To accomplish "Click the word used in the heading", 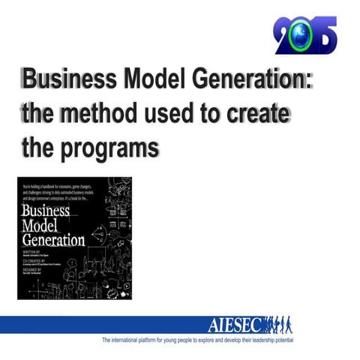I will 174,113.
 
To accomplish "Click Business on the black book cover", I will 47,211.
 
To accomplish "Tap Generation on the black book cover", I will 55,241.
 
